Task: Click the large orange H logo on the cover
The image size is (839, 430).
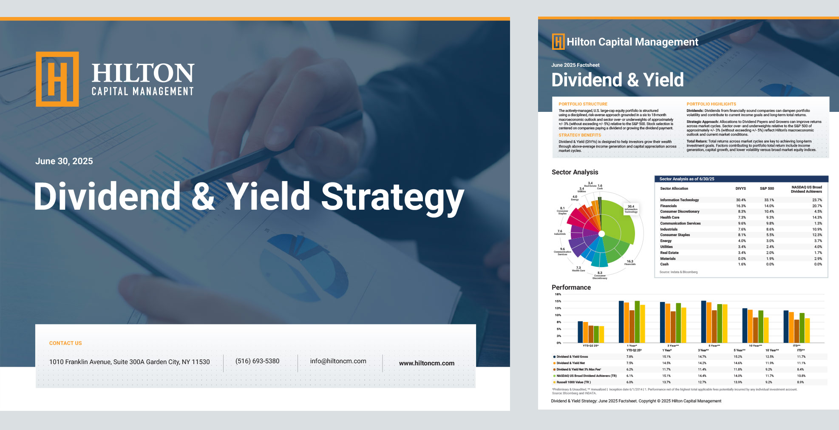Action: [x=57, y=79]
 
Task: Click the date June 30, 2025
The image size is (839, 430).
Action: [x=64, y=161]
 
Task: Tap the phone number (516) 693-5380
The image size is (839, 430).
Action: [x=257, y=361]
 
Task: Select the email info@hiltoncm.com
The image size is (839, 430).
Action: [x=338, y=361]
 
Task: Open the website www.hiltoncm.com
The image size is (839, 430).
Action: [x=426, y=363]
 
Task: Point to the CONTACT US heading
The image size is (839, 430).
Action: [x=65, y=343]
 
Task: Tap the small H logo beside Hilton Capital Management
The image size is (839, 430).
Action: [x=558, y=42]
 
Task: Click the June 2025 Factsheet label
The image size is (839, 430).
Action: [x=575, y=65]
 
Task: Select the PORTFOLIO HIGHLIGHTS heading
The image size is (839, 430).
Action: [x=711, y=104]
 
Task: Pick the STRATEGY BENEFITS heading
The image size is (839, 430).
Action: [x=579, y=135]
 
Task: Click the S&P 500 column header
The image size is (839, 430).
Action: [x=767, y=188]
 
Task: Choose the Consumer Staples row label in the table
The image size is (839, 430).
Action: [x=675, y=235]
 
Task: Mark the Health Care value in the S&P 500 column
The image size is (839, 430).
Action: [x=770, y=217]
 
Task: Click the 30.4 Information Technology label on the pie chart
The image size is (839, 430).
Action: [x=631, y=209]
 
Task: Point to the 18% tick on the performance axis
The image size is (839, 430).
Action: [x=558, y=294]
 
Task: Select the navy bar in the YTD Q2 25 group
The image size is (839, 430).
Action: [x=580, y=332]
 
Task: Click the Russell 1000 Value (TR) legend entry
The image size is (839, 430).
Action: [x=573, y=382]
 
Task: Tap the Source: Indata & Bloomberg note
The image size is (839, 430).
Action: [x=678, y=272]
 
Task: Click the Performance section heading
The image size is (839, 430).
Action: [x=571, y=288]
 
